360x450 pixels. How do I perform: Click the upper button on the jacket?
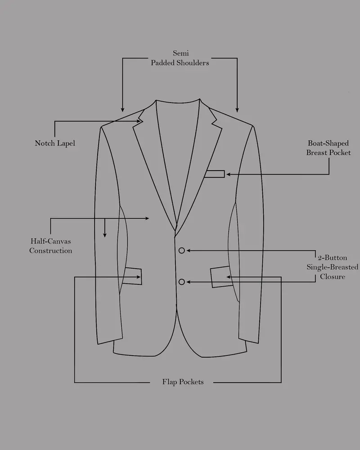coord(181,251)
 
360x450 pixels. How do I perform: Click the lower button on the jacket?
coord(181,282)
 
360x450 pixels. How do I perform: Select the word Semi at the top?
coord(181,53)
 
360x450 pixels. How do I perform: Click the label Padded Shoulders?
coord(180,63)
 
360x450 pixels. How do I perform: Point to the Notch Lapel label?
coord(55,143)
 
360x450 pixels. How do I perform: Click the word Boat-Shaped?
coord(328,143)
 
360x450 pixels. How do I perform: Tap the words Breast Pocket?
coord(328,153)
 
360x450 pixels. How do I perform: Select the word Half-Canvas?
coord(50,241)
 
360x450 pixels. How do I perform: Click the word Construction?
coord(50,251)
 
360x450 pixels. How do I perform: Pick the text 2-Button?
coord(332,257)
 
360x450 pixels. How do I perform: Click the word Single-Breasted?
coord(332,267)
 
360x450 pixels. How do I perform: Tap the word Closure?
coord(333,277)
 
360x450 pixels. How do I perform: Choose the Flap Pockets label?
coord(183,382)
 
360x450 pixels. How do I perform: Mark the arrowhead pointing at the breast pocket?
coord(229,174)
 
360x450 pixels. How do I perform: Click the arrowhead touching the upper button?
coord(189,251)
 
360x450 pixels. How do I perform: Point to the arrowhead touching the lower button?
coord(189,282)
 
